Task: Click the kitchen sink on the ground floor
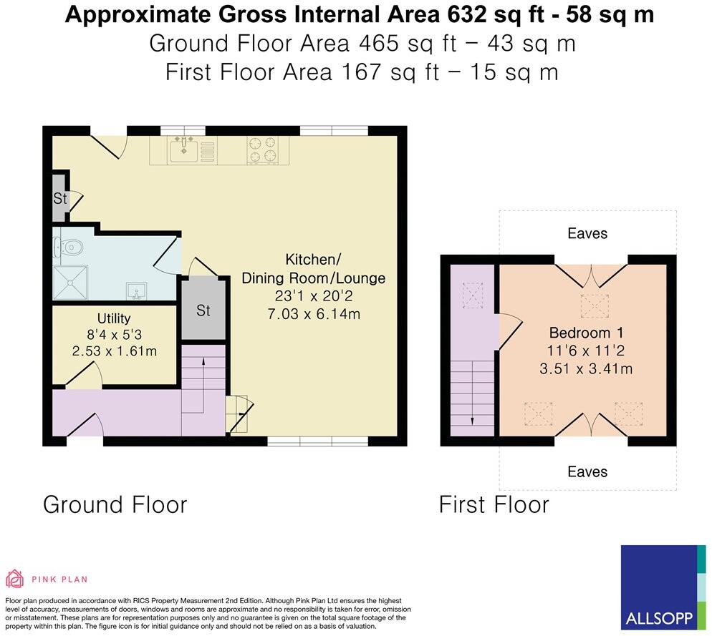coord(183,150)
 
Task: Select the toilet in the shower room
coord(69,248)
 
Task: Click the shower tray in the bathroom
coord(70,283)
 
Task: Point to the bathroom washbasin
coord(136,290)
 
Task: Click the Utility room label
coord(114,318)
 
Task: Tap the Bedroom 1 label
coord(586,333)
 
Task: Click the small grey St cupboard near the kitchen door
coord(59,197)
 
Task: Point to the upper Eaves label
coord(587,234)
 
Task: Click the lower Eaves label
coord(587,471)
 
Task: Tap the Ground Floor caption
coord(115,505)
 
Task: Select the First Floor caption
coord(494,505)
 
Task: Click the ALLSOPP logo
coord(663,587)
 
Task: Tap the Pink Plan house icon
coord(14,579)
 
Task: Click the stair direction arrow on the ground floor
coord(203,386)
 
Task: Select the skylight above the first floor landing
coord(473,295)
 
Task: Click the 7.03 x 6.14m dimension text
coord(314,314)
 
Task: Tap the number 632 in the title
coord(463,14)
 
